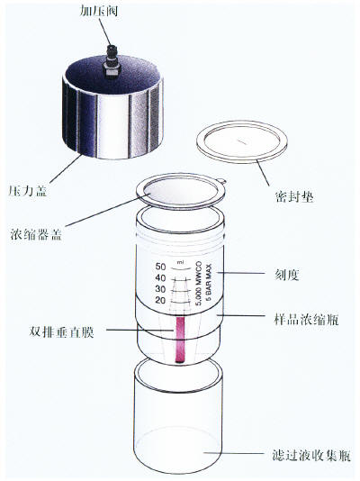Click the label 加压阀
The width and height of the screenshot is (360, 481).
point(99,11)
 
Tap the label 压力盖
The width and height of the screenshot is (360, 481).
point(28,190)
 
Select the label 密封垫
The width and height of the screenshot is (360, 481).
point(294,195)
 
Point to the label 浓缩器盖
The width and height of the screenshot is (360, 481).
point(36,234)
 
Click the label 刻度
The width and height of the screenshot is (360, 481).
point(286,274)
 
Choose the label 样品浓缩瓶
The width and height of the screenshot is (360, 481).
point(306,319)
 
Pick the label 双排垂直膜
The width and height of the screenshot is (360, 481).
point(61,331)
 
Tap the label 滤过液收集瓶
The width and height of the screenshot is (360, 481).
point(311,455)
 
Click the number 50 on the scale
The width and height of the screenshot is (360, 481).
point(160,267)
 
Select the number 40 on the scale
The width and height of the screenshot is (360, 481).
point(160,278)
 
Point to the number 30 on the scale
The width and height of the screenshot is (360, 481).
point(160,289)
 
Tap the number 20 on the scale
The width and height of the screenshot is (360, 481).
point(160,300)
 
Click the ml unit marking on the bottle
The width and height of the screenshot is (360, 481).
point(181,262)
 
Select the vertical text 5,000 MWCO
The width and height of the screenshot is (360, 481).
point(199,284)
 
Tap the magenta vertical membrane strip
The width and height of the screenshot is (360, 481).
point(180,340)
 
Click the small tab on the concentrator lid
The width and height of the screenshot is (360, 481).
point(222,181)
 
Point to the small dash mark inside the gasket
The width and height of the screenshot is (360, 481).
point(243,141)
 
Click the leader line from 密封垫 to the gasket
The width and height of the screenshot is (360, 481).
point(263,173)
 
